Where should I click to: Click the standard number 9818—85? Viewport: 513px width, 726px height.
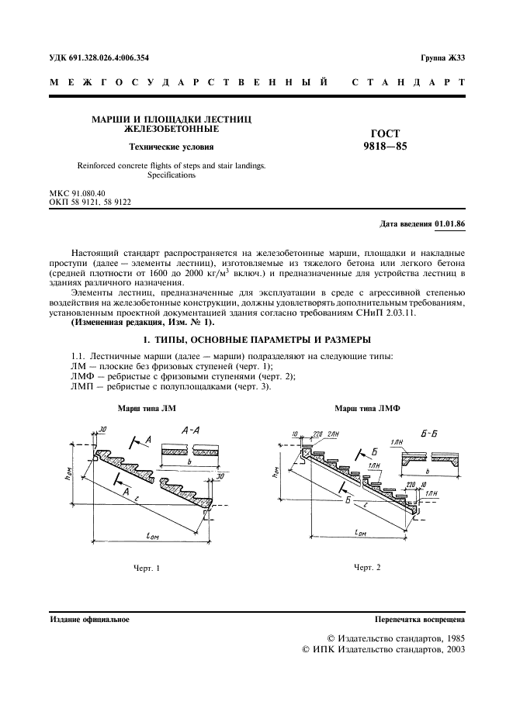point(385,146)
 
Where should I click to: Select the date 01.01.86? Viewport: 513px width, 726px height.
point(449,223)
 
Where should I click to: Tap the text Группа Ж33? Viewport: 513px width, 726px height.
point(442,58)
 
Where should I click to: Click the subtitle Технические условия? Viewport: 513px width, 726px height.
point(172,146)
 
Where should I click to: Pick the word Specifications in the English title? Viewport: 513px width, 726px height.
point(172,175)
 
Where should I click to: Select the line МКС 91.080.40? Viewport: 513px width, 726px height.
point(77,192)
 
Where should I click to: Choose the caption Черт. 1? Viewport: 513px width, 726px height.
point(146,569)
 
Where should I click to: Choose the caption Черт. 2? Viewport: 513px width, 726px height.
point(367,567)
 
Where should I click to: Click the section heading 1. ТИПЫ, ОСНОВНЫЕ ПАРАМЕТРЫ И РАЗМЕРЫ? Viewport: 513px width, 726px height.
point(256,340)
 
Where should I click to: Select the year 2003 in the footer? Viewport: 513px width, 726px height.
point(452,651)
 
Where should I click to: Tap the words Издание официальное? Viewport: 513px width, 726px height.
point(89,620)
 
